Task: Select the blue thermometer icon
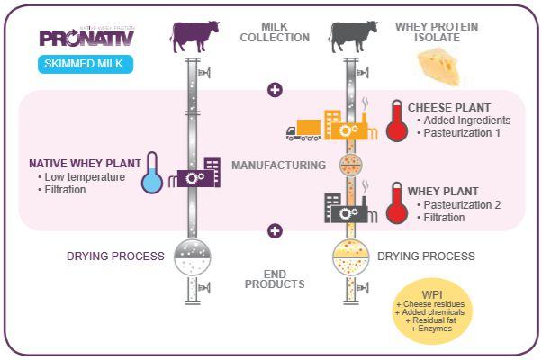coord(152,172)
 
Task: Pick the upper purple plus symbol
coord(275,90)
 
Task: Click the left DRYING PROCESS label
coord(115,256)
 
